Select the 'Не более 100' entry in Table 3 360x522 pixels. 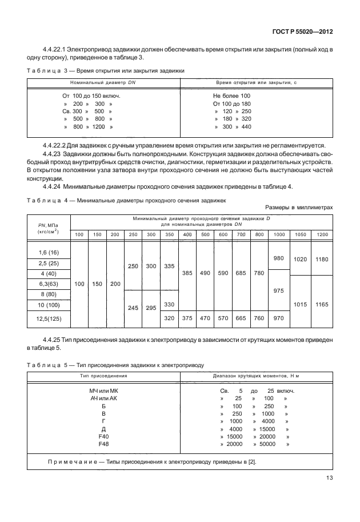pyautogui.click(x=231, y=95)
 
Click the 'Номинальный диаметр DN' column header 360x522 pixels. pyautogui.click(x=103, y=83)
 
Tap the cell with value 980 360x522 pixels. pyautogui.click(x=278, y=258)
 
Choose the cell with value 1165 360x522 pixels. pyautogui.click(x=322, y=305)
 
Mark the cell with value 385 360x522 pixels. pyautogui.click(x=187, y=273)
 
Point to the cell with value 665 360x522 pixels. pyautogui.click(x=241, y=318)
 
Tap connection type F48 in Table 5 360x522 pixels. pyautogui.click(x=103, y=444)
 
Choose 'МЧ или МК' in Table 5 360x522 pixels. pyautogui.click(x=103, y=391)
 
